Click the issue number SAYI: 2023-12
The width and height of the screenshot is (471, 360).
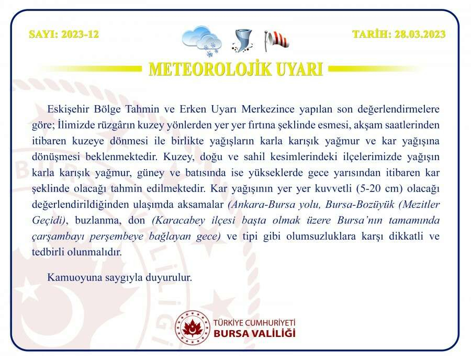63,35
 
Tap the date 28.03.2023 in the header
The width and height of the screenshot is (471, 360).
399,35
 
